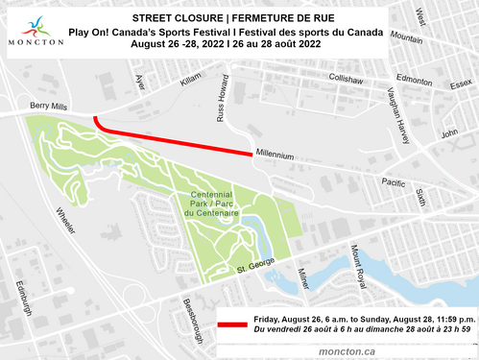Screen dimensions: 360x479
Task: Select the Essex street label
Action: click(x=461, y=85)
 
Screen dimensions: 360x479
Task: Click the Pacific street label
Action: click(x=394, y=182)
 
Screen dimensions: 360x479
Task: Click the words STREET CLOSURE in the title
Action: click(x=170, y=18)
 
